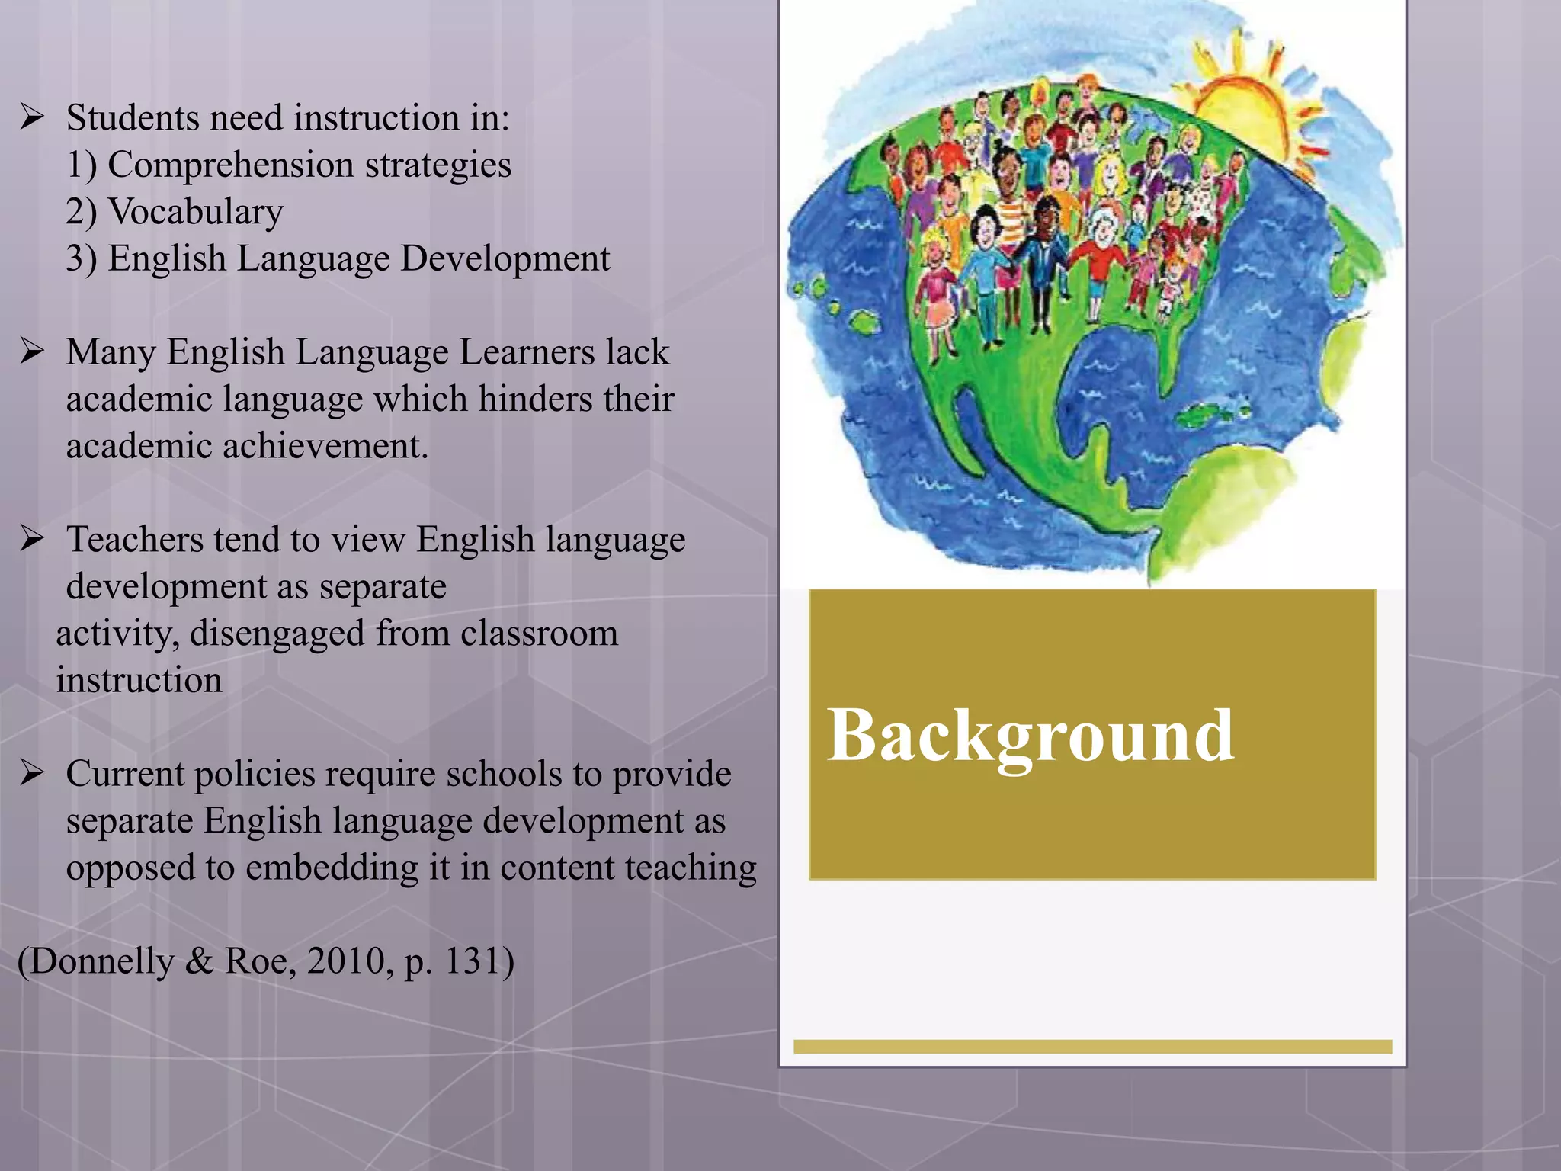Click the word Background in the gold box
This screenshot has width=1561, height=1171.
click(1031, 736)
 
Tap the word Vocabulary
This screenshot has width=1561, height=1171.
click(196, 212)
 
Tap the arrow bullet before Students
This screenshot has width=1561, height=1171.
click(32, 117)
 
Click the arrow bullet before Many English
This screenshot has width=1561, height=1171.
click(32, 351)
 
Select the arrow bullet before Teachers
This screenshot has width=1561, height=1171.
click(32, 539)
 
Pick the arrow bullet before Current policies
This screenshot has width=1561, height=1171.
click(32, 773)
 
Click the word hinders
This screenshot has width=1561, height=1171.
click(534, 399)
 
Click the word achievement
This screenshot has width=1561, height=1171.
click(325, 446)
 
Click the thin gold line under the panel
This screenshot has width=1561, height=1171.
click(1092, 1047)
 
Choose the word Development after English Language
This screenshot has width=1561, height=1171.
click(505, 258)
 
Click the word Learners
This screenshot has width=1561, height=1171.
click(527, 352)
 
